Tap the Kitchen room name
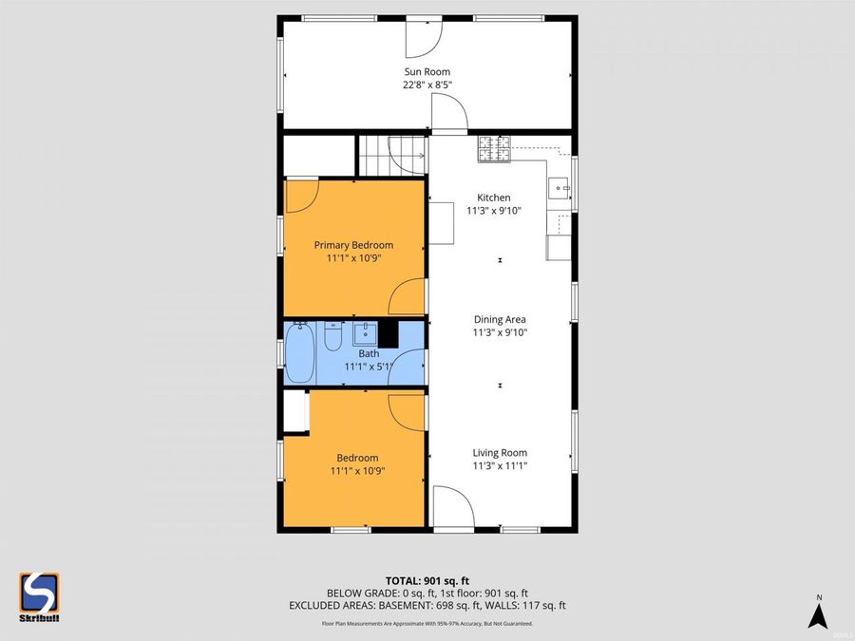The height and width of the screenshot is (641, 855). click(494, 198)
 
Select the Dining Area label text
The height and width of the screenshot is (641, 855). click(499, 320)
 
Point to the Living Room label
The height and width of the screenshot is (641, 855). click(499, 453)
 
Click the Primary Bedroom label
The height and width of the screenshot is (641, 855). click(353, 245)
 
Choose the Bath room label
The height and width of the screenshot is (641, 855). click(355, 353)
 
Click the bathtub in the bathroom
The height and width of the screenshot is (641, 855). click(299, 352)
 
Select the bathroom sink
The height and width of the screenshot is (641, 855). click(365, 334)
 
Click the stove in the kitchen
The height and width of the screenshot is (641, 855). click(493, 147)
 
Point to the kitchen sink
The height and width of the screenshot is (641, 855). click(559, 187)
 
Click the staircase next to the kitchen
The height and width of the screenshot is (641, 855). click(391, 155)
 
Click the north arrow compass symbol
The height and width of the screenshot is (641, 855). click(816, 613)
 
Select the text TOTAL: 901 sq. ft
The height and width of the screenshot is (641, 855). click(427, 580)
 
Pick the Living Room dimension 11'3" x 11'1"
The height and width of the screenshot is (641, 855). click(499, 466)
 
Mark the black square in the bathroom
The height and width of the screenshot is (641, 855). click(388, 334)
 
